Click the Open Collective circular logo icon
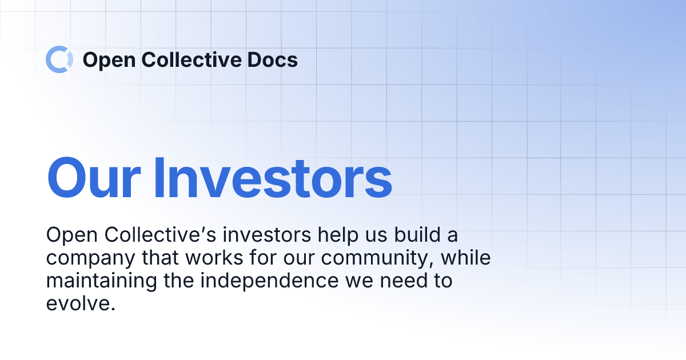[59, 59]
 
